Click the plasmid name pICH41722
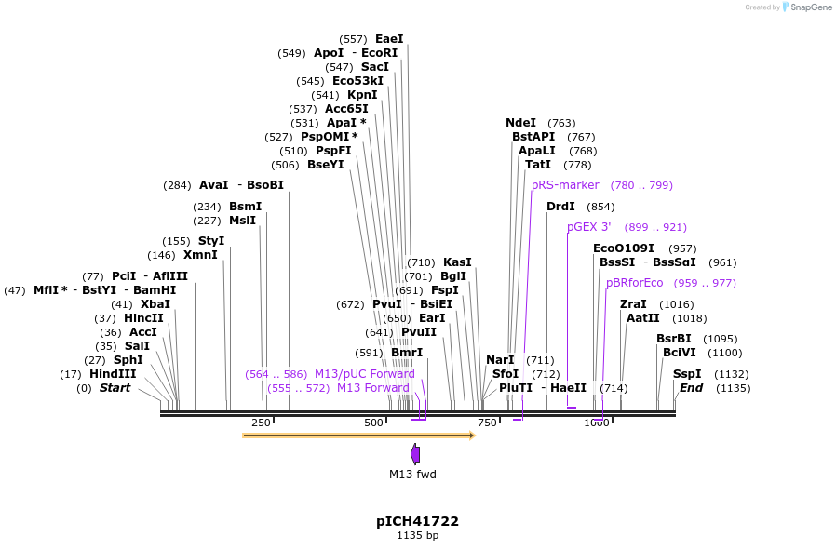pyautogui.click(x=417, y=521)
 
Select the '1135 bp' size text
pyautogui.click(x=417, y=536)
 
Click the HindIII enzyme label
pyautogui.click(x=113, y=374)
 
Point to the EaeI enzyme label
pyautogui.click(x=389, y=39)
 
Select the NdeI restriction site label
pyautogui.click(x=520, y=123)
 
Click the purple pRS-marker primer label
pyautogui.click(x=565, y=185)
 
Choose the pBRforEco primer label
pyautogui.click(x=634, y=283)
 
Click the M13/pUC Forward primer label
pyautogui.click(x=364, y=374)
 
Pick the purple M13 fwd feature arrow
pyautogui.click(x=414, y=454)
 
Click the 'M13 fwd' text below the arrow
pyautogui.click(x=412, y=475)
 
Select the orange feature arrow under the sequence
pyautogui.click(x=358, y=436)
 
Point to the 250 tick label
pyautogui.click(x=261, y=423)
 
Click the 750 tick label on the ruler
pyautogui.click(x=487, y=423)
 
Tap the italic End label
pyautogui.click(x=691, y=388)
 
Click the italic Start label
pyautogui.click(x=115, y=388)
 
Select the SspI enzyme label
pyautogui.click(x=687, y=374)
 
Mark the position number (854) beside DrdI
pyautogui.click(x=600, y=207)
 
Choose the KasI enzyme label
pyautogui.click(x=457, y=262)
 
